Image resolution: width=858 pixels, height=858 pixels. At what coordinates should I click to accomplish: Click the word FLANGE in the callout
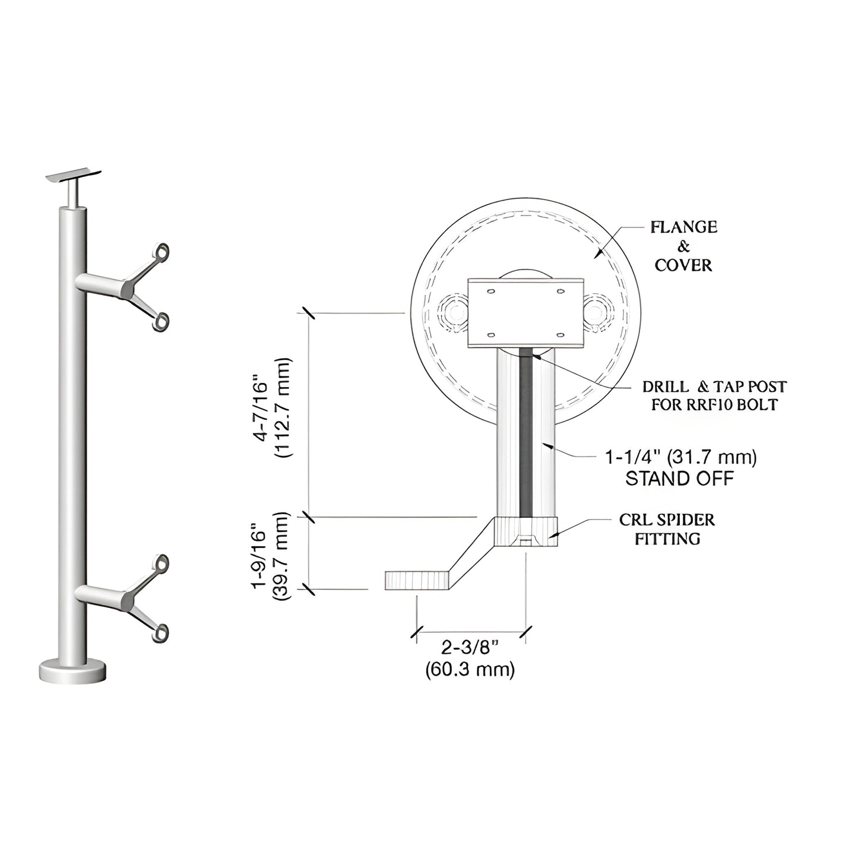coord(683,227)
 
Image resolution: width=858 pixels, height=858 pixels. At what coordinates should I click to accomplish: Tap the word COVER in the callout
coord(683,265)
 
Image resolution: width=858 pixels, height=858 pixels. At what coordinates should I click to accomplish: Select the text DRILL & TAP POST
coord(714,387)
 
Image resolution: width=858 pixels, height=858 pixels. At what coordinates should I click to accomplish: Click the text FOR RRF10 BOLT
coord(714,406)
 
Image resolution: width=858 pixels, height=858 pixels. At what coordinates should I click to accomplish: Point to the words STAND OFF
coord(679,479)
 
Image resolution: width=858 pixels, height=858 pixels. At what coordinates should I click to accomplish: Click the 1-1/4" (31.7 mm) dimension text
coord(680,457)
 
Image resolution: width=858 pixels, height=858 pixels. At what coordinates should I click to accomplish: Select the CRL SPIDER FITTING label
coord(667,529)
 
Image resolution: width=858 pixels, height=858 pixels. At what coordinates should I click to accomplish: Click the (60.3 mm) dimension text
coord(470,670)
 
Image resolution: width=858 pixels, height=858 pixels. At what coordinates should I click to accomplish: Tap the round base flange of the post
coord(72,671)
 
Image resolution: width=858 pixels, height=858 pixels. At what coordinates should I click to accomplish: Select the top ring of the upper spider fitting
coord(160,252)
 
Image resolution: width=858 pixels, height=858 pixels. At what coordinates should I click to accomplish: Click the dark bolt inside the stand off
coord(525,433)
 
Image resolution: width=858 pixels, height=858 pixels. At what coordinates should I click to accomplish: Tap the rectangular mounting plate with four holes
coord(525,312)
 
